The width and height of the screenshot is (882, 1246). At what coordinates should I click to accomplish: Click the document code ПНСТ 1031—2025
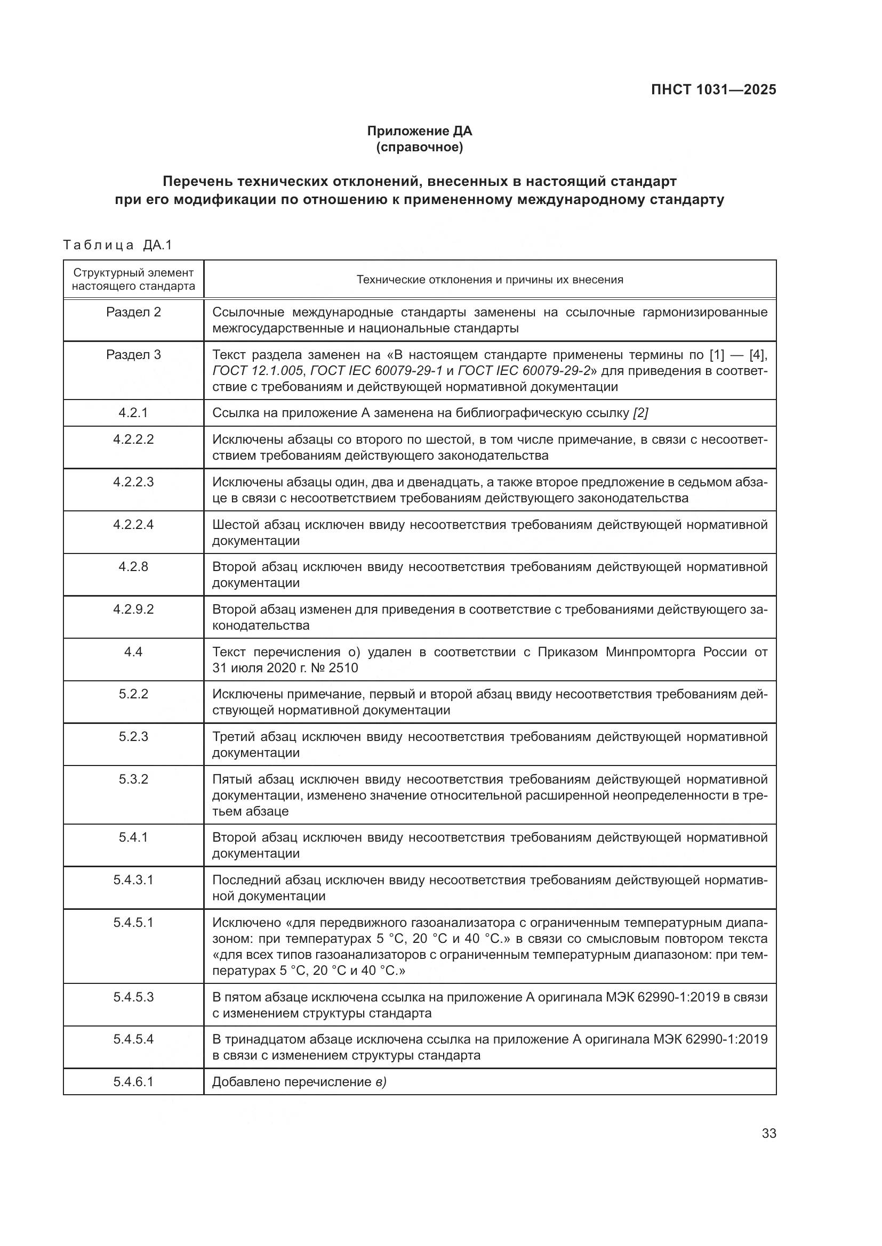pyautogui.click(x=713, y=90)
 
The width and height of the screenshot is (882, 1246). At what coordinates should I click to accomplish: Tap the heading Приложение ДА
pyautogui.click(x=419, y=131)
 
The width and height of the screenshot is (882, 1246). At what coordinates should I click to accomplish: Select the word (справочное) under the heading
pyautogui.click(x=419, y=148)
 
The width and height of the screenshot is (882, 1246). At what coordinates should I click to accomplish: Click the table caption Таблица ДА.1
pyautogui.click(x=117, y=245)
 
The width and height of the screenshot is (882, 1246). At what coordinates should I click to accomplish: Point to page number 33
pyautogui.click(x=768, y=1133)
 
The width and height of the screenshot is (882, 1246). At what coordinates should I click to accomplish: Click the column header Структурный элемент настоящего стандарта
pyautogui.click(x=133, y=280)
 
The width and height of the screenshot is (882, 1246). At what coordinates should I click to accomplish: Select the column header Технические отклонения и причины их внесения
pyautogui.click(x=490, y=280)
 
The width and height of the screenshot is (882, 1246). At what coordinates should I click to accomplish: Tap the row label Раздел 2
pyautogui.click(x=133, y=312)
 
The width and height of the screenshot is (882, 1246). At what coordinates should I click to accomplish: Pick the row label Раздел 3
pyautogui.click(x=133, y=355)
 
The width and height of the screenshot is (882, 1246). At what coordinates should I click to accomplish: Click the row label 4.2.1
pyautogui.click(x=133, y=413)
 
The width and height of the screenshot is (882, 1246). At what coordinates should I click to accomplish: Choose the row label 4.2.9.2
pyautogui.click(x=133, y=609)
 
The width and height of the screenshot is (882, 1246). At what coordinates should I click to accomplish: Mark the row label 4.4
pyautogui.click(x=133, y=651)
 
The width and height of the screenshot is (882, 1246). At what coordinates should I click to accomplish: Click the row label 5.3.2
pyautogui.click(x=133, y=779)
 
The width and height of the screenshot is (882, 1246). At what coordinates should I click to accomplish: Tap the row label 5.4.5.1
pyautogui.click(x=133, y=923)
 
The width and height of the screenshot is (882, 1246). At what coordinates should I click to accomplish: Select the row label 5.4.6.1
pyautogui.click(x=133, y=1082)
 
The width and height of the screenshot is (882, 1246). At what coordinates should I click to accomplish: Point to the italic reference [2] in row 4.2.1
pyautogui.click(x=640, y=413)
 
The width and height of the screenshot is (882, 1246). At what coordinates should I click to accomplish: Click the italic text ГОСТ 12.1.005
pyautogui.click(x=258, y=371)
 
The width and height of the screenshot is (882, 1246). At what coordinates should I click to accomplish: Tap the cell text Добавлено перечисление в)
pyautogui.click(x=299, y=1082)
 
